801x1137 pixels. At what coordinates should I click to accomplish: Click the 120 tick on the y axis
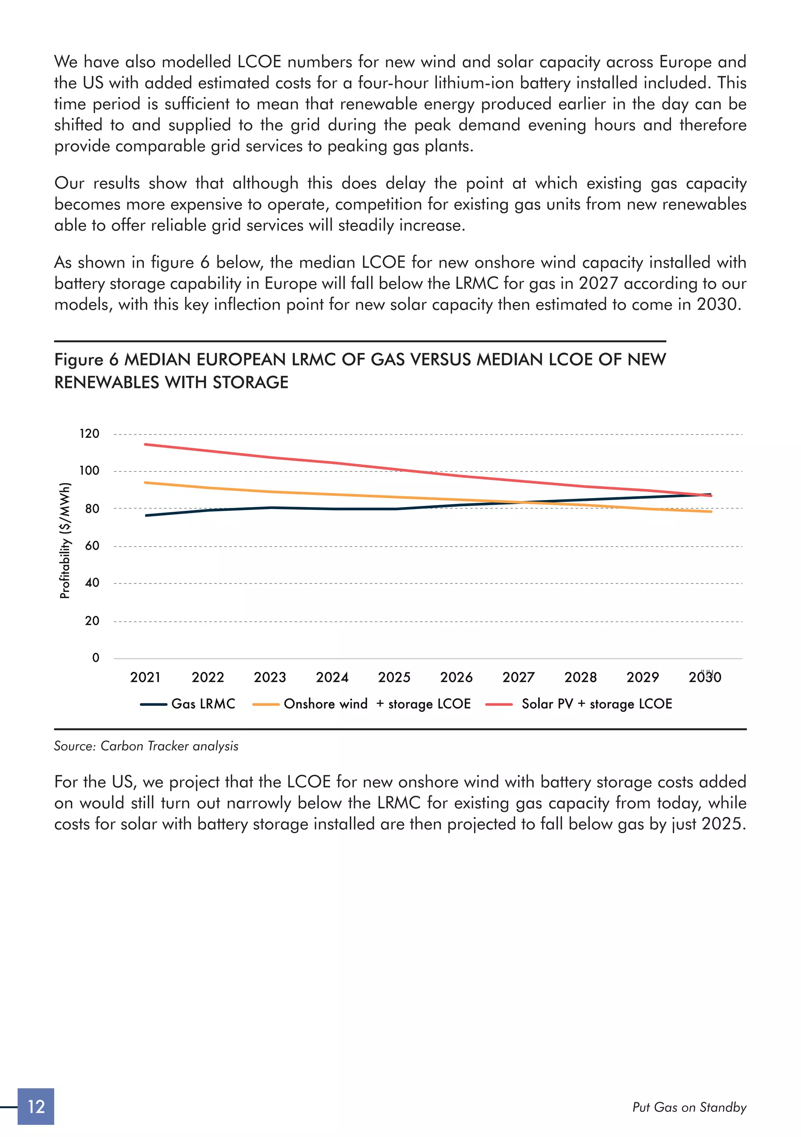tap(90, 434)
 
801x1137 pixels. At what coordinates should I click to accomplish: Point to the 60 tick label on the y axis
tap(92, 546)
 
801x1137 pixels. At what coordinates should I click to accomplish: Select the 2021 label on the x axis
tap(145, 677)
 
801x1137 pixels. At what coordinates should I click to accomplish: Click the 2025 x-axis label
tap(394, 677)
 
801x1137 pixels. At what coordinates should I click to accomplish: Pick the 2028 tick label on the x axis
tap(580, 677)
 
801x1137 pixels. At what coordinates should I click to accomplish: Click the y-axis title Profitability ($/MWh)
tap(65, 540)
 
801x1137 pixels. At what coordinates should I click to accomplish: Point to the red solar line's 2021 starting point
tap(145, 444)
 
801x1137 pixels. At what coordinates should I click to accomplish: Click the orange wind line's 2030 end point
tap(711, 511)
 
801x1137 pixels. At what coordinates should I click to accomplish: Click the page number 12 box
tap(36, 1106)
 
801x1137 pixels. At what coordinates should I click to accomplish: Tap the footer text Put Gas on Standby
tap(689, 1107)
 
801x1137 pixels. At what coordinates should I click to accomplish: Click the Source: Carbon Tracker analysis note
tap(146, 746)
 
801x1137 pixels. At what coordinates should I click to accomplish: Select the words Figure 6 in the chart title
tap(86, 360)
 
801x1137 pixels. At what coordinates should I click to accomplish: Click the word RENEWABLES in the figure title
tap(107, 382)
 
